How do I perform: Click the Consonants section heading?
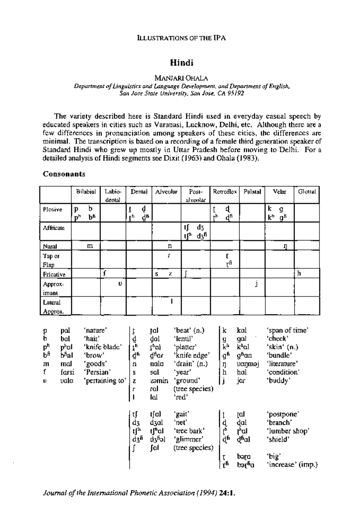64,174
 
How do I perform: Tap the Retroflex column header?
225,192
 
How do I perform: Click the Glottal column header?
307,192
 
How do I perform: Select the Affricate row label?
53,228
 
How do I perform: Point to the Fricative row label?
54,274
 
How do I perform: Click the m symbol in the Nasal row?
89,246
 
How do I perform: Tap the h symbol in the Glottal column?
298,273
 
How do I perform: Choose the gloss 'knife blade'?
103,347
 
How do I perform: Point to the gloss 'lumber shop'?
288,431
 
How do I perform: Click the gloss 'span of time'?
287,330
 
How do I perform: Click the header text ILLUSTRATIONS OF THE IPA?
181,38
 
